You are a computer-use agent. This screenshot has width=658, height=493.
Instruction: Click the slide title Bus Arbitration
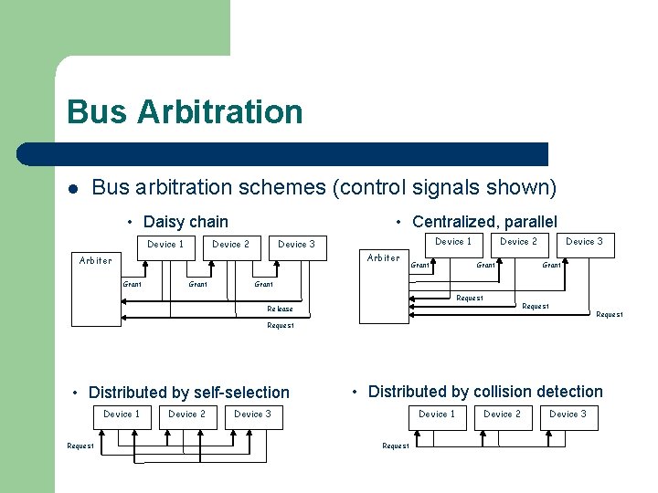coord(185,112)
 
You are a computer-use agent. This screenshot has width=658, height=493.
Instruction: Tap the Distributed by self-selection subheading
coord(188,393)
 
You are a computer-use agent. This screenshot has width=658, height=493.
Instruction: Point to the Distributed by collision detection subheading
coord(485,392)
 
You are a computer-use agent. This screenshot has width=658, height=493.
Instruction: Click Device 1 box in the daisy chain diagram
coord(165,245)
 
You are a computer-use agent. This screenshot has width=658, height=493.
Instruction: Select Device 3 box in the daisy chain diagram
coord(297,245)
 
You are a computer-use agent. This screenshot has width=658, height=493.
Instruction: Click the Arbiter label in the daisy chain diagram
coord(96,261)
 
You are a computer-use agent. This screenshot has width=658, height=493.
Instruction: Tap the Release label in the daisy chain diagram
coord(280,309)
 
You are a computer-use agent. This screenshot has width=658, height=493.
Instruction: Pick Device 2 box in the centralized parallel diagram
coord(518,242)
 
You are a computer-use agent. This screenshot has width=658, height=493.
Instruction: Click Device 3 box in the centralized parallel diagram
coord(584,242)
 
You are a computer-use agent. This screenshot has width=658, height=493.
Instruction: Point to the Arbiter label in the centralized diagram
coord(383,258)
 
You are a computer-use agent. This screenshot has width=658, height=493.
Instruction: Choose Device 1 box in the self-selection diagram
coord(122,414)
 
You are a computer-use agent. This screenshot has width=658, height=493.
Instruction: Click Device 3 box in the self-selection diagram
coord(253,414)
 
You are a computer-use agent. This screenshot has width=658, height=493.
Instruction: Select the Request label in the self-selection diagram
coord(80,446)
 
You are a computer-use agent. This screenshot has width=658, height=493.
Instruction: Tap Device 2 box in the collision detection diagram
coord(502,414)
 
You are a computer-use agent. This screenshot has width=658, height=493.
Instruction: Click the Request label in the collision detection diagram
coord(396,446)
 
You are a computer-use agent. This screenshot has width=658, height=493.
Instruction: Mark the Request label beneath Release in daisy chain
coord(280,326)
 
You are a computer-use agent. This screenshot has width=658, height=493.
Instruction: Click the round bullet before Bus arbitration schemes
coord(71,189)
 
